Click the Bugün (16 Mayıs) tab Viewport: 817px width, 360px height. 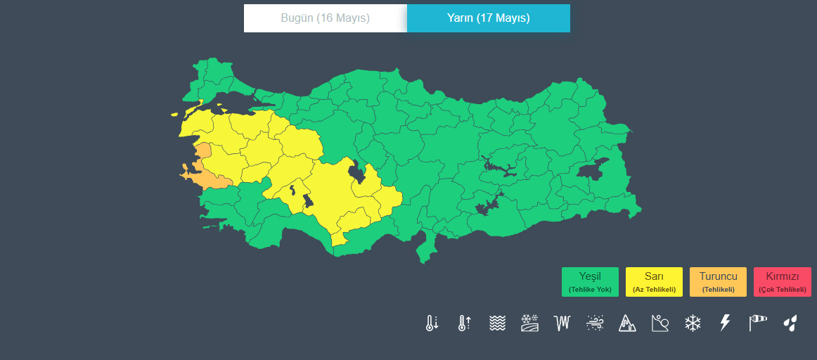tap(326, 18)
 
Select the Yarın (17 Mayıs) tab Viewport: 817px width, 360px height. tap(489, 18)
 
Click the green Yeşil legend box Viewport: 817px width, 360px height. tap(590, 282)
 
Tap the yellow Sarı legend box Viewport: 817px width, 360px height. tap(654, 282)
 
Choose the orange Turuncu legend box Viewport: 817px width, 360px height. tap(718, 282)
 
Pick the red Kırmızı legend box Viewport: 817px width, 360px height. tap(782, 282)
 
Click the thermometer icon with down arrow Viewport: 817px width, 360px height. tap(432, 323)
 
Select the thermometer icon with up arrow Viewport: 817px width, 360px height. tap(464, 323)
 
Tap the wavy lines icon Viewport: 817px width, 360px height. tap(497, 323)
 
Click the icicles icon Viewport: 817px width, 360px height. tap(562, 323)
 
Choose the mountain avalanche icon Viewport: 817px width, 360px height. tap(627, 323)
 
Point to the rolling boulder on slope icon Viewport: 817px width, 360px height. tap(660, 323)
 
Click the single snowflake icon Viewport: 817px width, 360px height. tap(693, 323)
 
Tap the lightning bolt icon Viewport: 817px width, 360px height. tap(726, 323)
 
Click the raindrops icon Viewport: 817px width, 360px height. tap(791, 323)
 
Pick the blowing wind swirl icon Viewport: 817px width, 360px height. tap(595, 323)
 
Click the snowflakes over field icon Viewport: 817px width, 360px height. tap(529, 323)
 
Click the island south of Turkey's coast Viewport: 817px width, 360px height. tap(425, 250)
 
